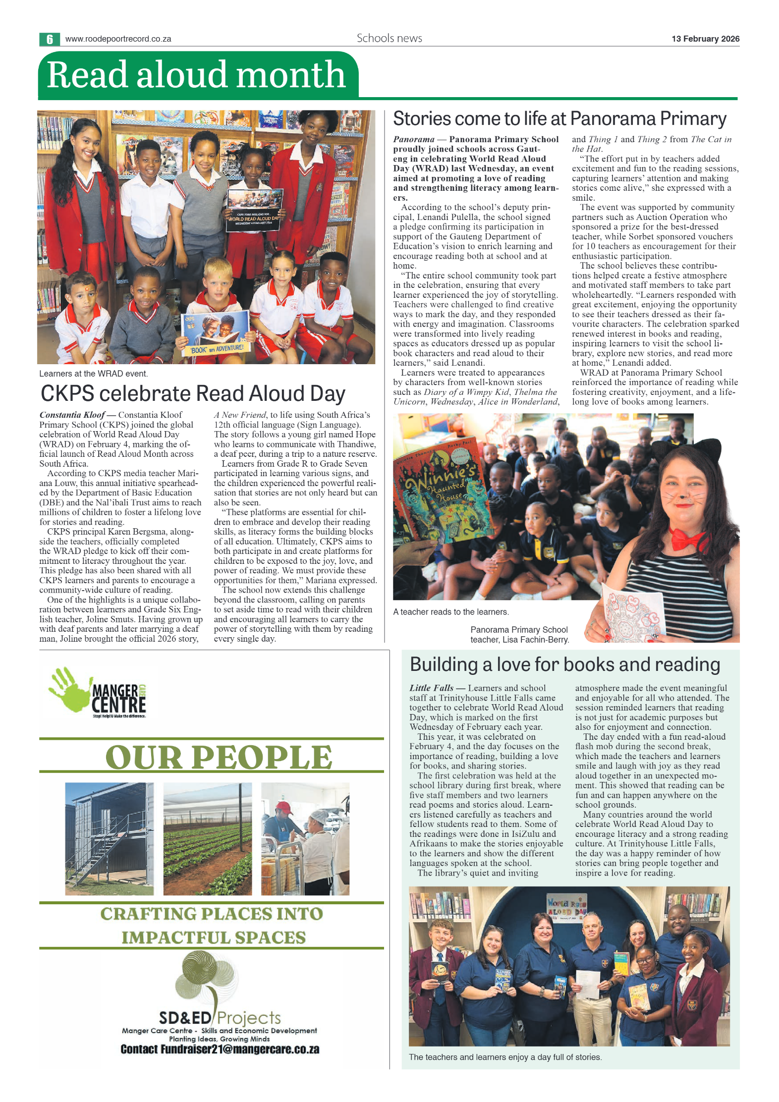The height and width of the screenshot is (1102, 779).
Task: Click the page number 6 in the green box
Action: pyautogui.click(x=50, y=39)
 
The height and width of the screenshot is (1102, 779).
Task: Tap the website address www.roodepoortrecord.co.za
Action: pyautogui.click(x=118, y=39)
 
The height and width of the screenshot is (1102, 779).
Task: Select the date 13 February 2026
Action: pyautogui.click(x=705, y=39)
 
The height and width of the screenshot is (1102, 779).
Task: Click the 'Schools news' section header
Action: pyautogui.click(x=389, y=38)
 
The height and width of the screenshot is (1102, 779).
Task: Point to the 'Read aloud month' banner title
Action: pyautogui.click(x=196, y=75)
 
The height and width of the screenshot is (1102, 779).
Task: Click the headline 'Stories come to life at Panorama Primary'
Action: pyautogui.click(x=559, y=119)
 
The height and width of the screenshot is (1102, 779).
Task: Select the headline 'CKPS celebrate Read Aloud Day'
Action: pyautogui.click(x=193, y=393)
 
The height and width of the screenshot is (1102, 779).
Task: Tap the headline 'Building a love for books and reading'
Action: pyautogui.click(x=564, y=664)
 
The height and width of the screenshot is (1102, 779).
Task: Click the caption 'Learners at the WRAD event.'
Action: pyautogui.click(x=94, y=374)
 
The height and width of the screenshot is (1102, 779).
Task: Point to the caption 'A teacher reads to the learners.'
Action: pyautogui.click(x=451, y=612)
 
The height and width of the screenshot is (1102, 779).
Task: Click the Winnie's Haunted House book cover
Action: pyautogui.click(x=438, y=491)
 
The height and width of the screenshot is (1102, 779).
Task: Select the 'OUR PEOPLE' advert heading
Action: pyautogui.click(x=219, y=758)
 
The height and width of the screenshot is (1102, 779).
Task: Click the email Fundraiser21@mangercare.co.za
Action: pyautogui.click(x=220, y=1049)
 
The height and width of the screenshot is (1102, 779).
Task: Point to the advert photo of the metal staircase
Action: pyautogui.click(x=110, y=839)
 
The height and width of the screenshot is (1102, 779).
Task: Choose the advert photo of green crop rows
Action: pyautogui.click(x=207, y=839)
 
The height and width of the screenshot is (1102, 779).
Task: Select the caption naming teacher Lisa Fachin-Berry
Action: pyautogui.click(x=519, y=635)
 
